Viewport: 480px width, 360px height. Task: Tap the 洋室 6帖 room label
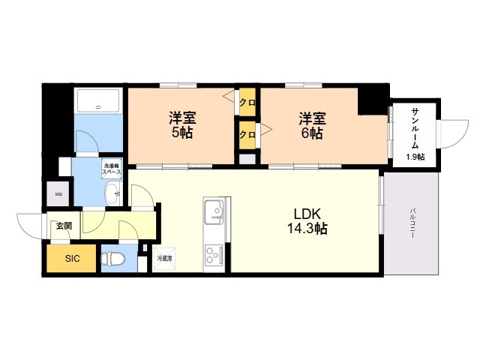coord(311,126)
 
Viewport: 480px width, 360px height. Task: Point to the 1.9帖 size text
coord(415,156)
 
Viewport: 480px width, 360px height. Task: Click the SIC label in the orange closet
coord(71,259)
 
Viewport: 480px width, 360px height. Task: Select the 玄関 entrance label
coord(63,226)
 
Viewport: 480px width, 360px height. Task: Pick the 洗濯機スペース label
coord(112,169)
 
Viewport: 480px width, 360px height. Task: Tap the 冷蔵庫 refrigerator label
coord(164,258)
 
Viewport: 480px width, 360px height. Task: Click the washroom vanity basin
coord(115,195)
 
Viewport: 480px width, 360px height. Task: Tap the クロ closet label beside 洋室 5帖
coord(245,102)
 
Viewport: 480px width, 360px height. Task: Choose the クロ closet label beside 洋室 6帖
coord(245,135)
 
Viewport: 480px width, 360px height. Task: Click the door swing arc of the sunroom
coord(450,135)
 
